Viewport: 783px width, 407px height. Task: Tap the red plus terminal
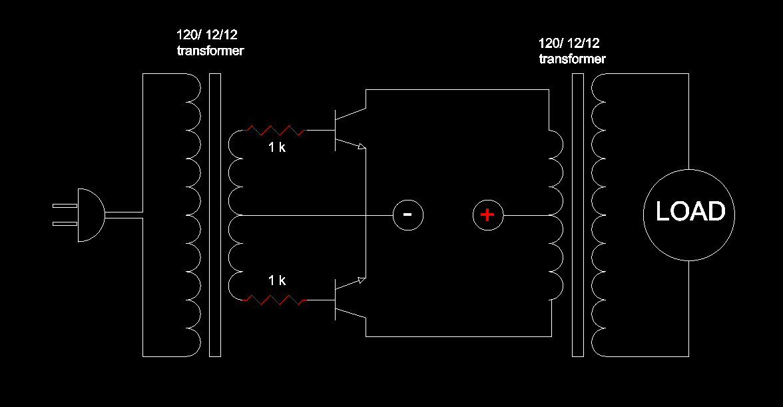(488, 215)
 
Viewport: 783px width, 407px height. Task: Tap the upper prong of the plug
(65, 206)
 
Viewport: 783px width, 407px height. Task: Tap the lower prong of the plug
(65, 224)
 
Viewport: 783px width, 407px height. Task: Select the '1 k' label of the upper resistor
(277, 147)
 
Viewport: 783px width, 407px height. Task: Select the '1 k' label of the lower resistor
(277, 280)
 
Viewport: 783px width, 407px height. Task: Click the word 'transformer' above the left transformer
(210, 51)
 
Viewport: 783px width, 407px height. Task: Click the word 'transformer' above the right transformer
(573, 59)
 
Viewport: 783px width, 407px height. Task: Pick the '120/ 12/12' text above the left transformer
(206, 35)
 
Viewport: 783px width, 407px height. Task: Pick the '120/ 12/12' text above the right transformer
(569, 43)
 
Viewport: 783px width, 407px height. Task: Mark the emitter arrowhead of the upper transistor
(362, 147)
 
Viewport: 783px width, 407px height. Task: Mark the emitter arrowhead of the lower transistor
(362, 281)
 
